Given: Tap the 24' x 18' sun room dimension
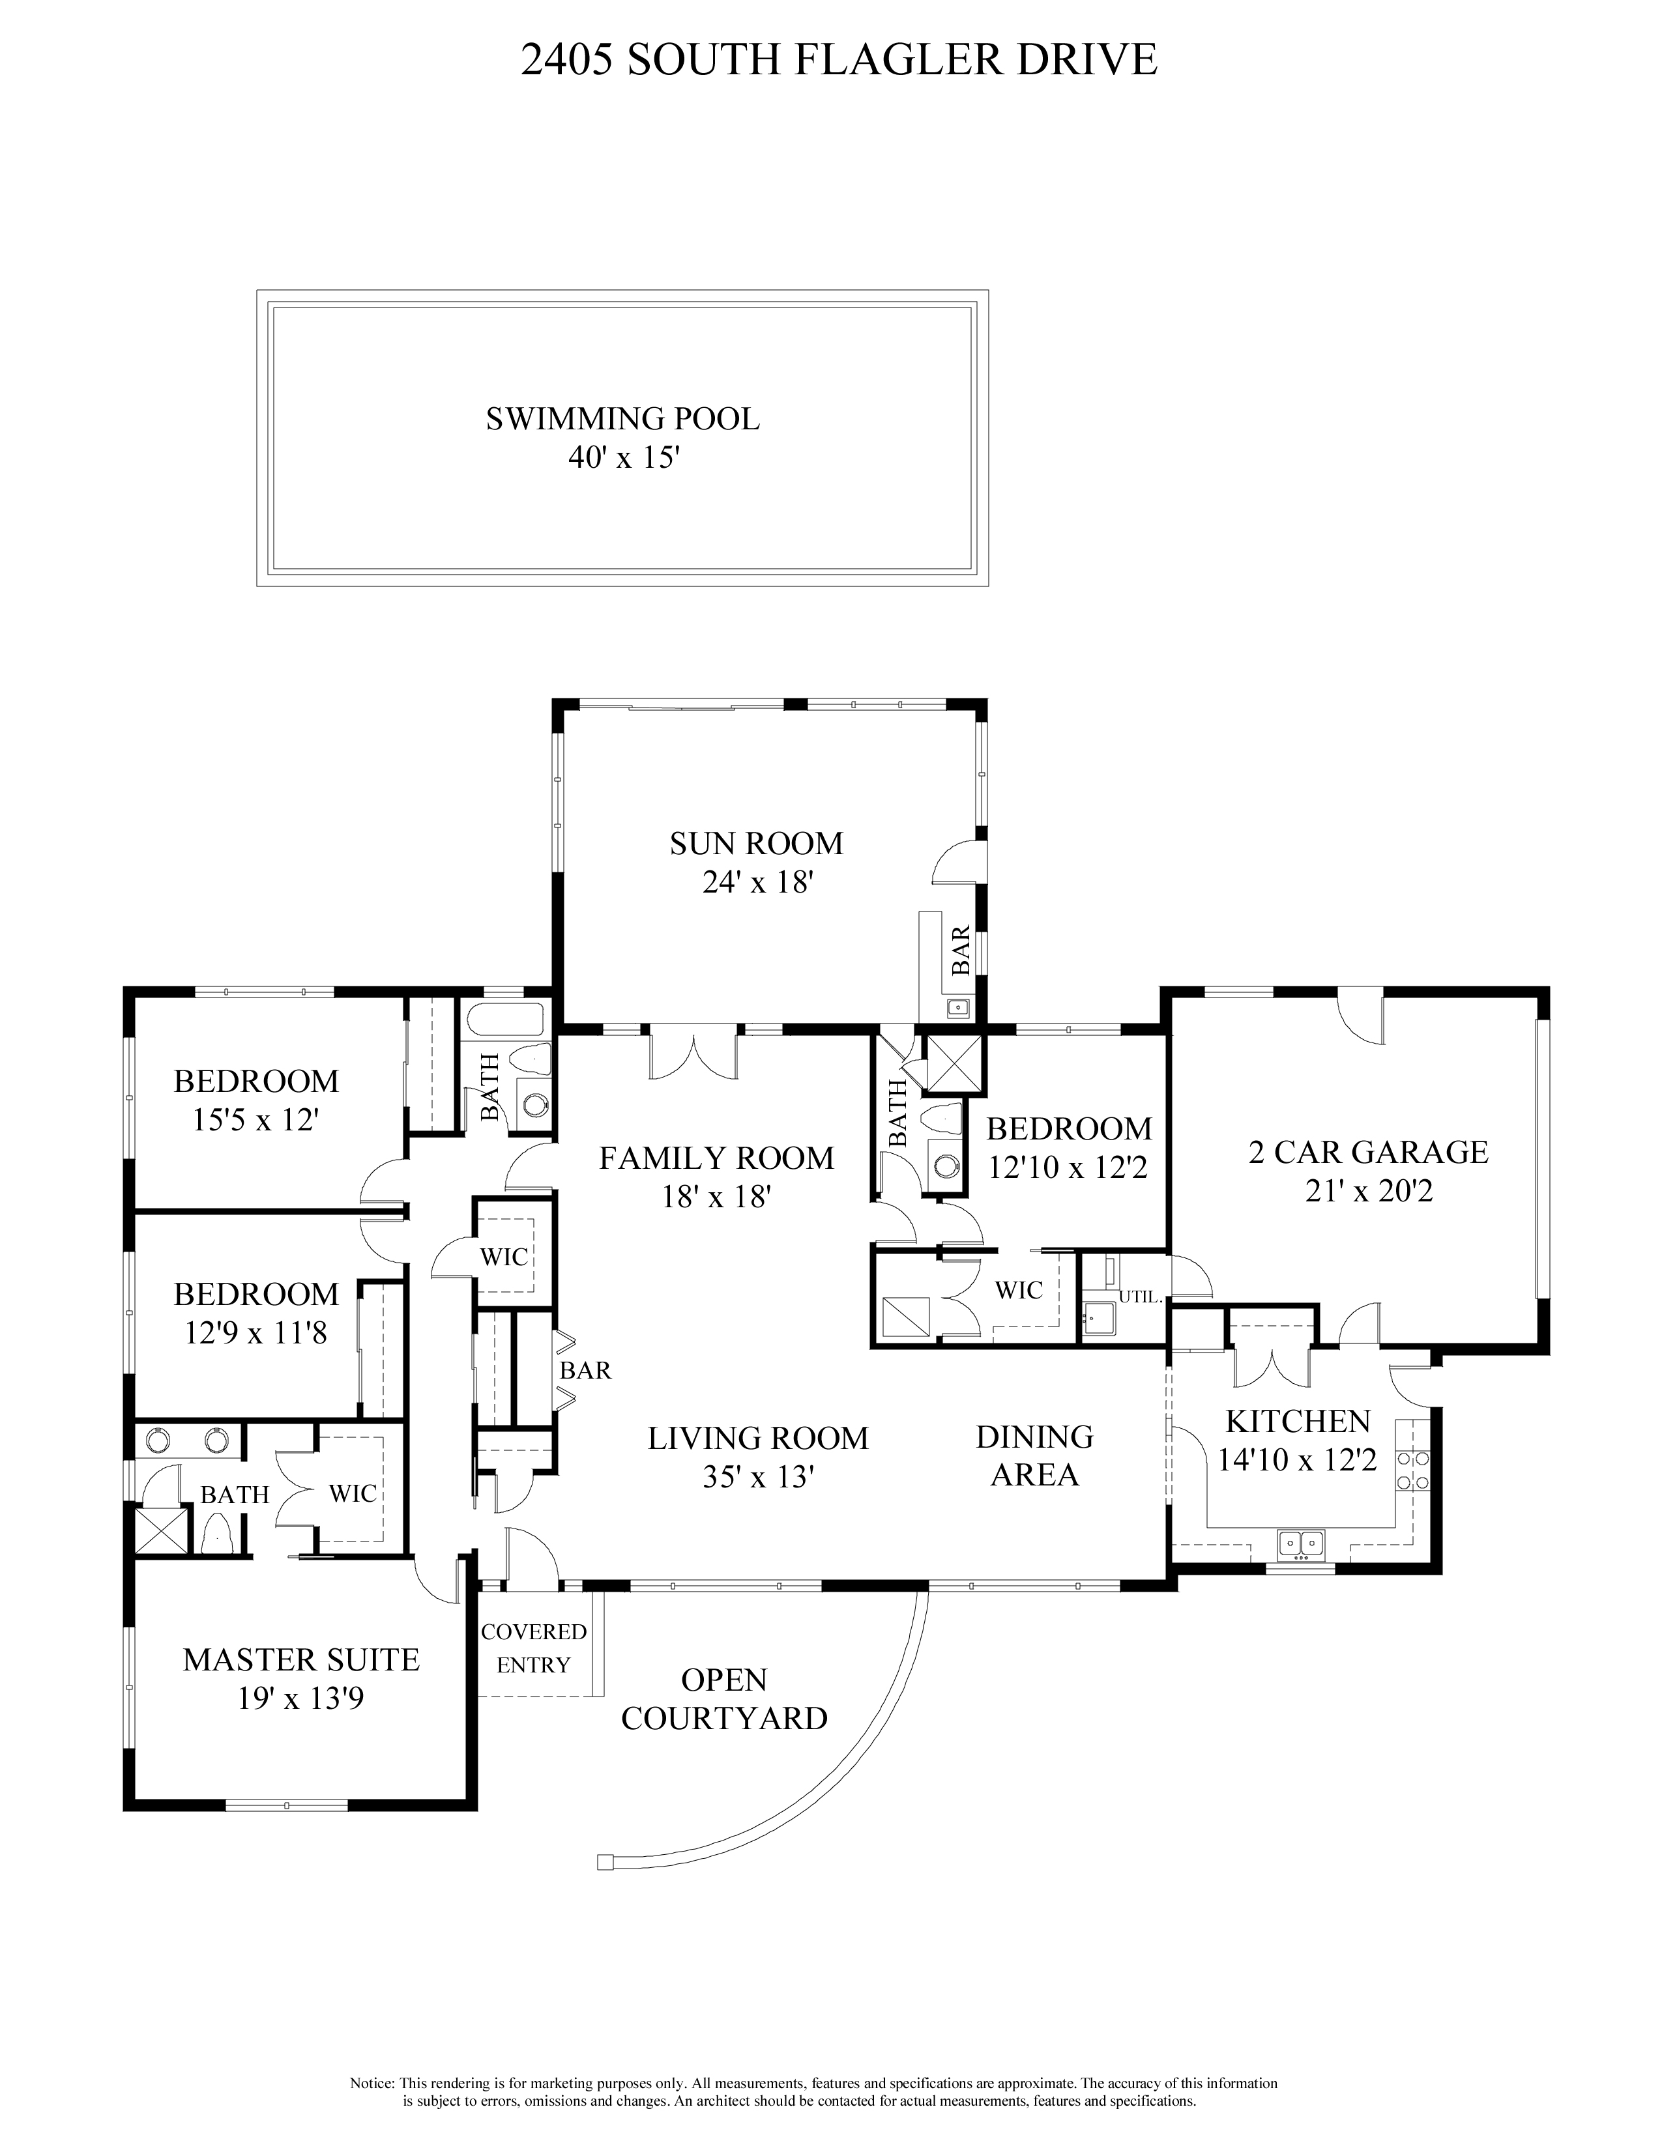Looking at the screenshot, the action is pyautogui.click(x=756, y=882).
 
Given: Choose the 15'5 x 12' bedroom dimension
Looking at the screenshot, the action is pyautogui.click(x=256, y=1121).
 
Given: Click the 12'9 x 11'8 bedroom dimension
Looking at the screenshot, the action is pyautogui.click(x=256, y=1333).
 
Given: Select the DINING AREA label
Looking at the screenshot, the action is pyautogui.click(x=1034, y=1456).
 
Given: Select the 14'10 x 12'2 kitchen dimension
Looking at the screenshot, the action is pyautogui.click(x=1297, y=1460).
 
